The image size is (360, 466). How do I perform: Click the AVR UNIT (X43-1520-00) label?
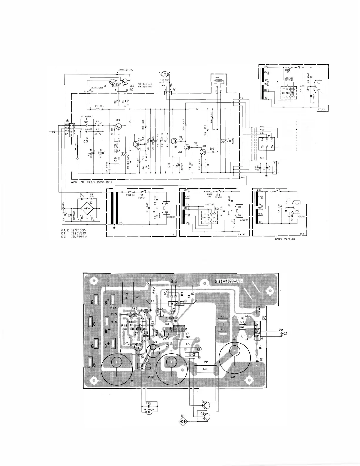[x=91, y=182]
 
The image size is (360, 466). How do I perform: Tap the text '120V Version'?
[x=284, y=239]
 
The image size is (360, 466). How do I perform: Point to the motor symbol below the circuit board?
[x=149, y=412]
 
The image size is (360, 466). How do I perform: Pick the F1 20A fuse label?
[x=100, y=106]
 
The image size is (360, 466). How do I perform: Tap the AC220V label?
[x=239, y=220]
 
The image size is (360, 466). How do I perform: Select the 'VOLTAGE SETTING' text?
[x=289, y=79]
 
